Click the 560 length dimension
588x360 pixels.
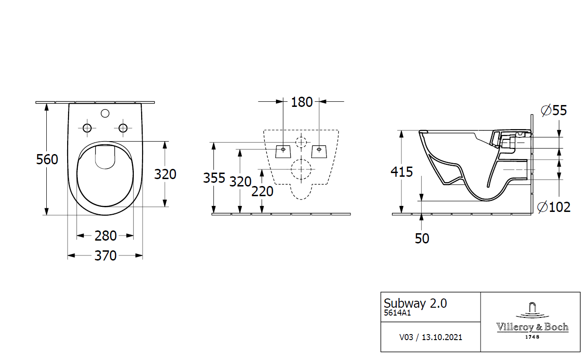(47, 159)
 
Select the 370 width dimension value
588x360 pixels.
(106, 255)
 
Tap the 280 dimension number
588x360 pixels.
(106, 236)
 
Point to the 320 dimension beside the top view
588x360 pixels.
(165, 174)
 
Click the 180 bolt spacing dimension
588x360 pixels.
(302, 102)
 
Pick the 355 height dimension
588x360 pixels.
(214, 178)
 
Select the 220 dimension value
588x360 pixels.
(263, 191)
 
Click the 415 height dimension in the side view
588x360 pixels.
(401, 172)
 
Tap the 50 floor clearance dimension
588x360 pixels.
(422, 238)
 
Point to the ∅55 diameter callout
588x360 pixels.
(554, 110)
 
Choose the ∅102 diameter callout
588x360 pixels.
(554, 207)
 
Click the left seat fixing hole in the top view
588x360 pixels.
(87, 128)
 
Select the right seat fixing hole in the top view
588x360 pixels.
(123, 128)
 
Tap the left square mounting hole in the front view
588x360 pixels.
(283, 151)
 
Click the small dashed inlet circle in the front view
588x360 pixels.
(301, 142)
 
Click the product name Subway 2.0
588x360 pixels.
(415, 303)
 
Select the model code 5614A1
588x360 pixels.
(398, 313)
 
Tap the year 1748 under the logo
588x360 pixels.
(532, 337)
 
